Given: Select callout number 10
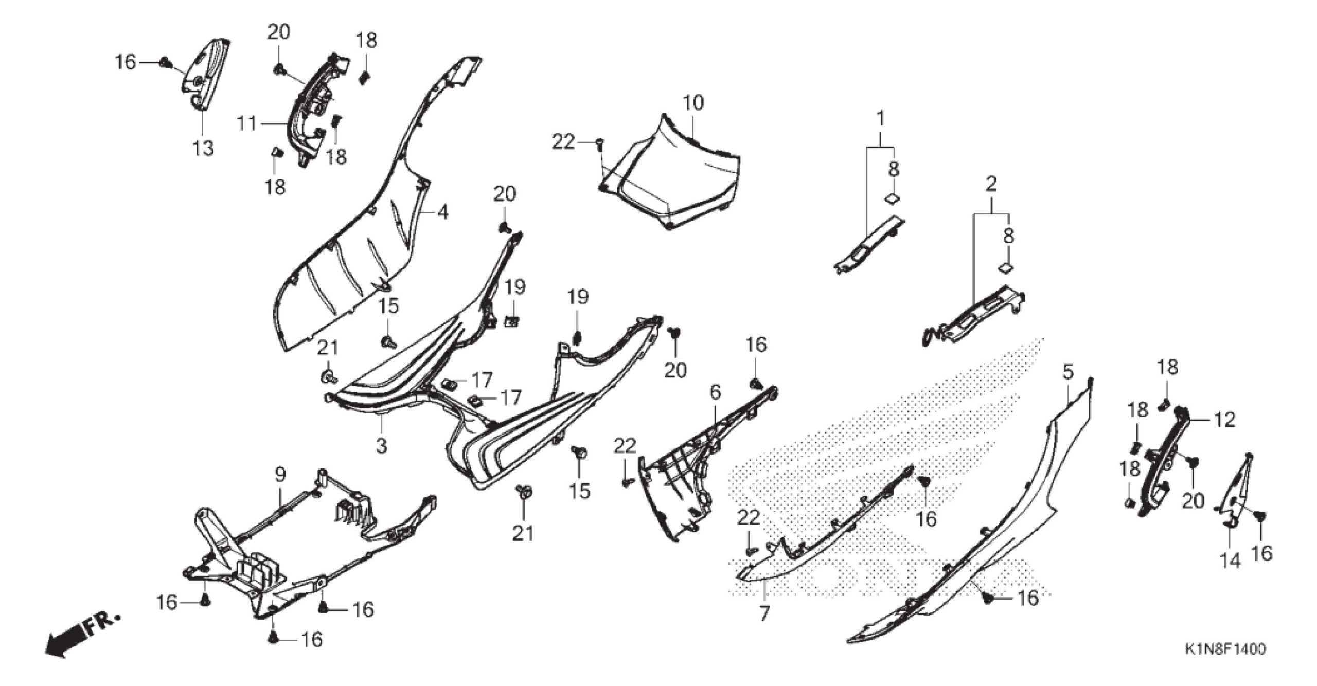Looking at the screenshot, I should click(693, 103).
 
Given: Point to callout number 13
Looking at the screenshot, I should click(203, 149).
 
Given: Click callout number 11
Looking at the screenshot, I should click(246, 124).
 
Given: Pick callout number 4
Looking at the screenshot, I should click(442, 211).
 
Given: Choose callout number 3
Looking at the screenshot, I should click(381, 446).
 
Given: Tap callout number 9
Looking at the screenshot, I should click(279, 475).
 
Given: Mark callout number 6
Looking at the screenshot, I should click(715, 392).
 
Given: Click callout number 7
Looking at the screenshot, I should click(764, 613).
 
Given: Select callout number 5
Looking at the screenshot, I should click(1068, 371).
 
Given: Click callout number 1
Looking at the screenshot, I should click(880, 119).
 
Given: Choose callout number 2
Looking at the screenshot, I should click(991, 184).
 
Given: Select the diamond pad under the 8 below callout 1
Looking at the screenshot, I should click(894, 198).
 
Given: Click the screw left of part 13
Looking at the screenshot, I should click(165, 63).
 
